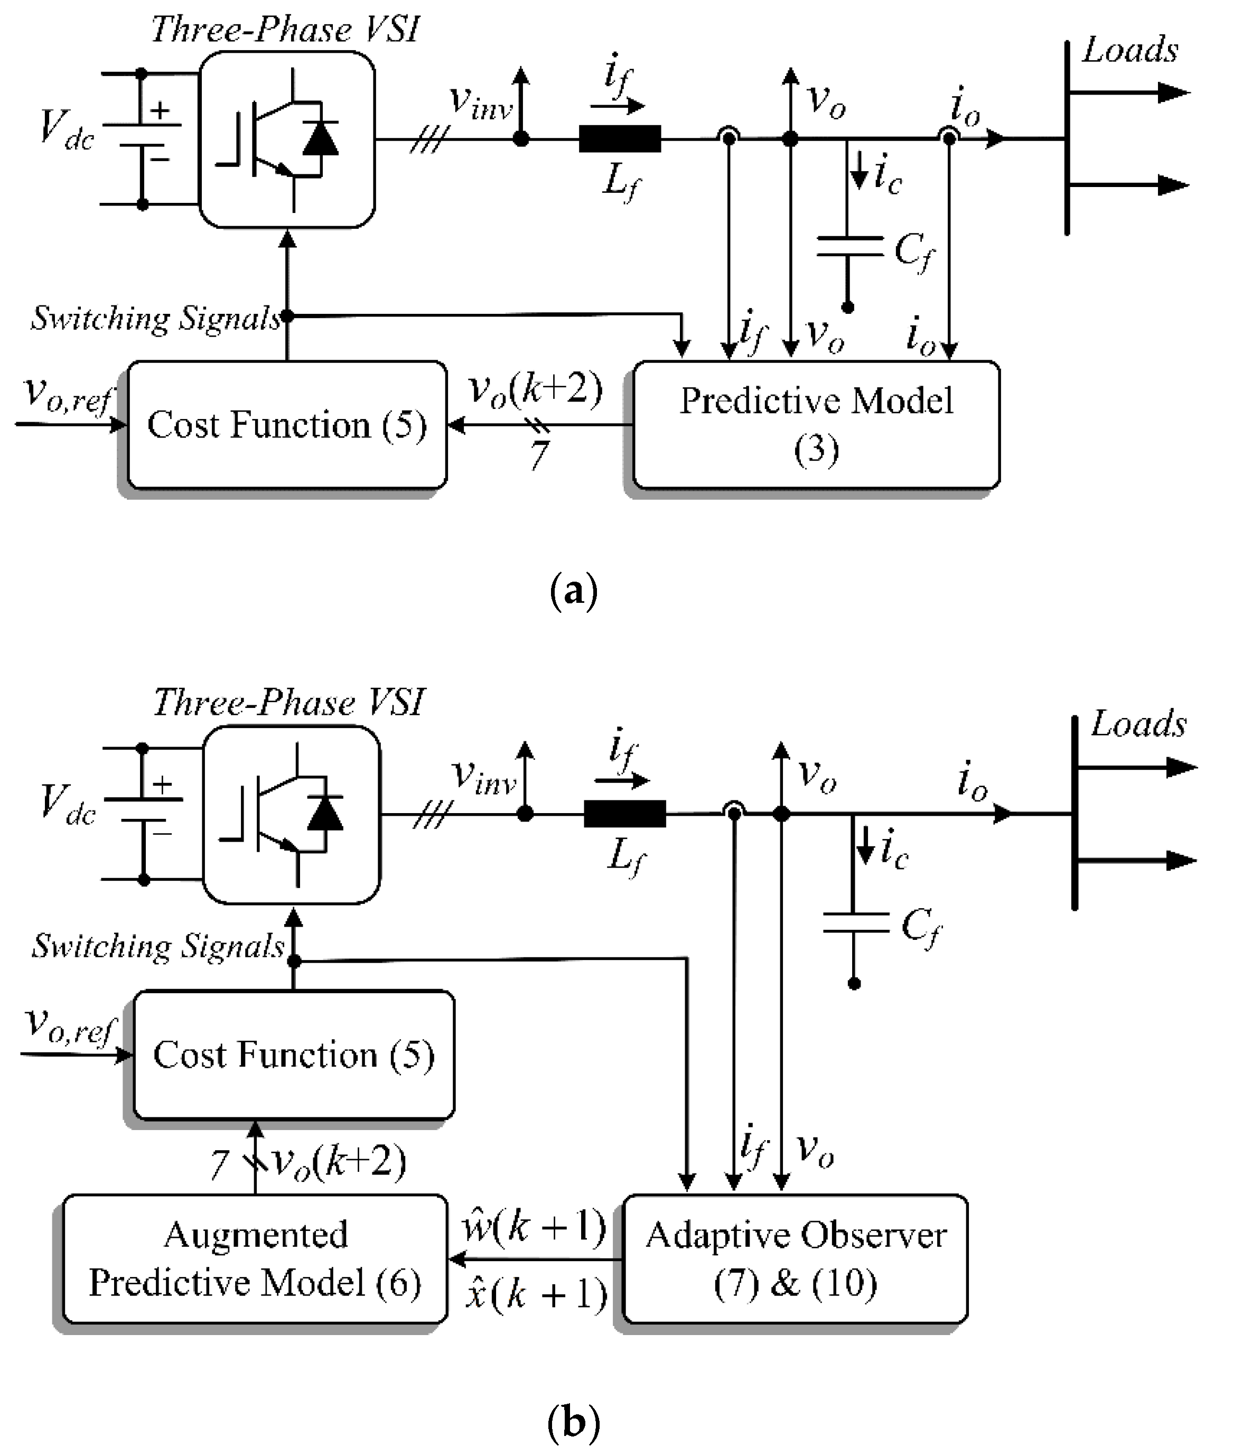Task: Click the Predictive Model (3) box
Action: [x=816, y=425]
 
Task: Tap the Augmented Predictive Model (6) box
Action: [x=254, y=1259]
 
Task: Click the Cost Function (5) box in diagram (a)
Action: [x=286, y=425]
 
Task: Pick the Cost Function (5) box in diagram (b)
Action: [x=294, y=1054]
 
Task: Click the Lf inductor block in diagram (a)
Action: [x=619, y=139]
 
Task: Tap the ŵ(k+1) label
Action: [x=534, y=1227]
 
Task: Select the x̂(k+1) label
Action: [x=536, y=1293]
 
